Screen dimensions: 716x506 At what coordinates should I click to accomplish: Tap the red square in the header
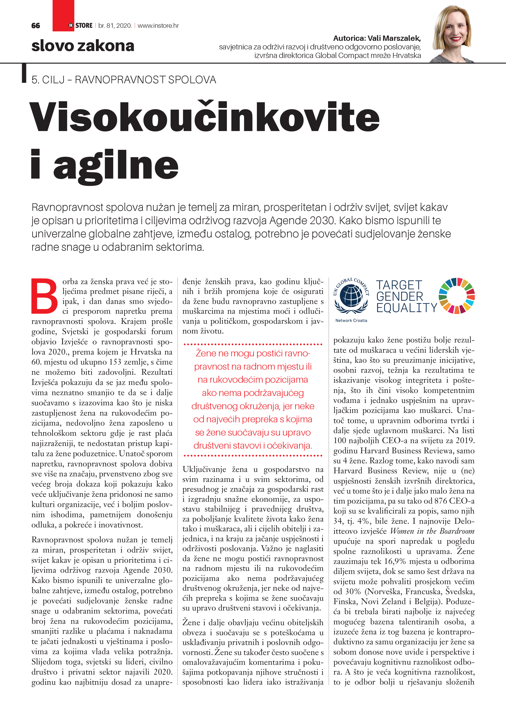63,16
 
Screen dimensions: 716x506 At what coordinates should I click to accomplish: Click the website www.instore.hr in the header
158,26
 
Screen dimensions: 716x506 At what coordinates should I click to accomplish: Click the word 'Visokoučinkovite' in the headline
204,117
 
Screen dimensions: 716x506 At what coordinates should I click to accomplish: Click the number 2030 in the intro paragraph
323,220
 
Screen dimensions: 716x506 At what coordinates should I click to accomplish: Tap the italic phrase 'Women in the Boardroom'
432,531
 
